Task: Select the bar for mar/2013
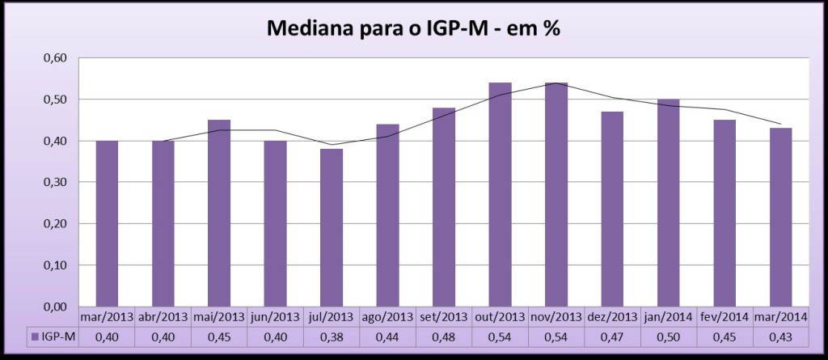(x=107, y=224)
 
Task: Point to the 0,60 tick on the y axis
(x=54, y=58)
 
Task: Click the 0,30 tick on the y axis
(x=54, y=183)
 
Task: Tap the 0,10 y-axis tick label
(x=54, y=265)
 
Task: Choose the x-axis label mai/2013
(x=219, y=316)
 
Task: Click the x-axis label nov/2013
(x=556, y=316)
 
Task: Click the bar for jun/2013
(x=275, y=224)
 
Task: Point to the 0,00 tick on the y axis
(x=54, y=307)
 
